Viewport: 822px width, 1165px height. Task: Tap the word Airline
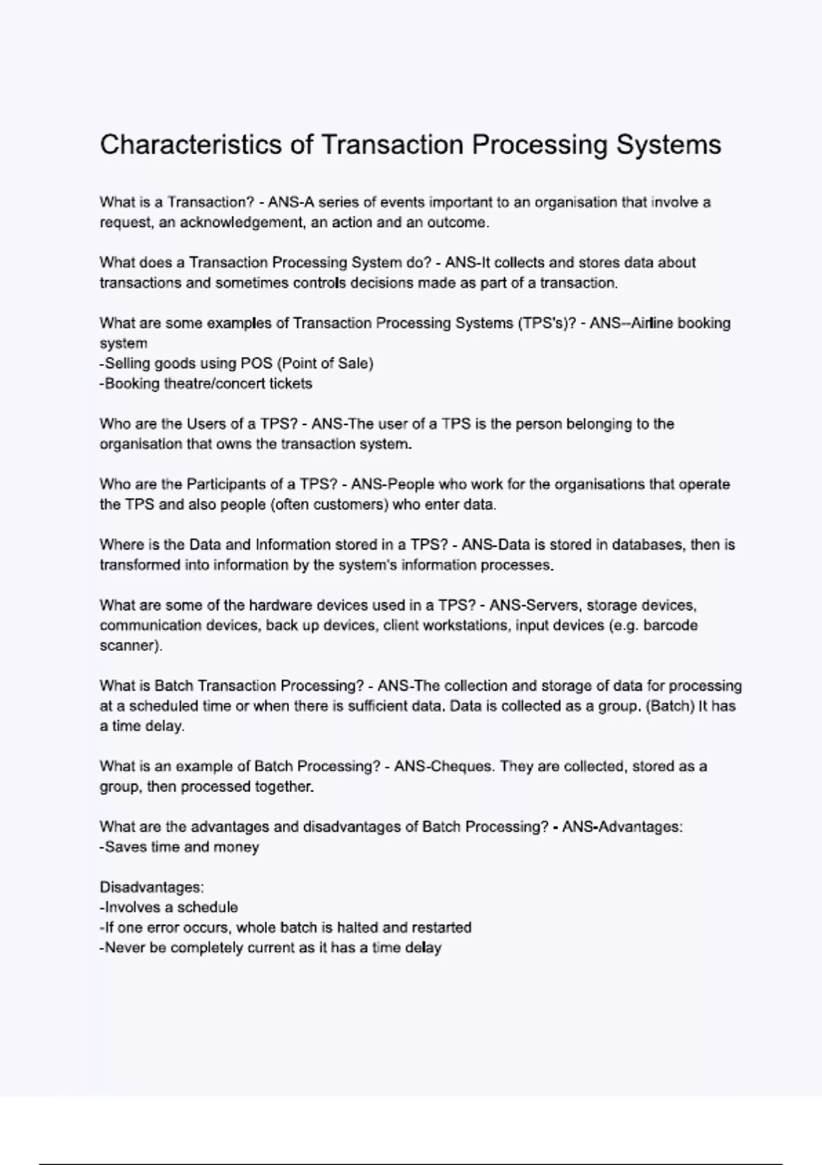tap(652, 323)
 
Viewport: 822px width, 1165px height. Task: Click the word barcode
tap(671, 626)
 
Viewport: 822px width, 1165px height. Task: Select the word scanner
tap(129, 646)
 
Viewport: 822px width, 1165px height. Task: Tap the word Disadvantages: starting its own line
tap(151, 887)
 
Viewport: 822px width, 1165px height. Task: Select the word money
tap(236, 847)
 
